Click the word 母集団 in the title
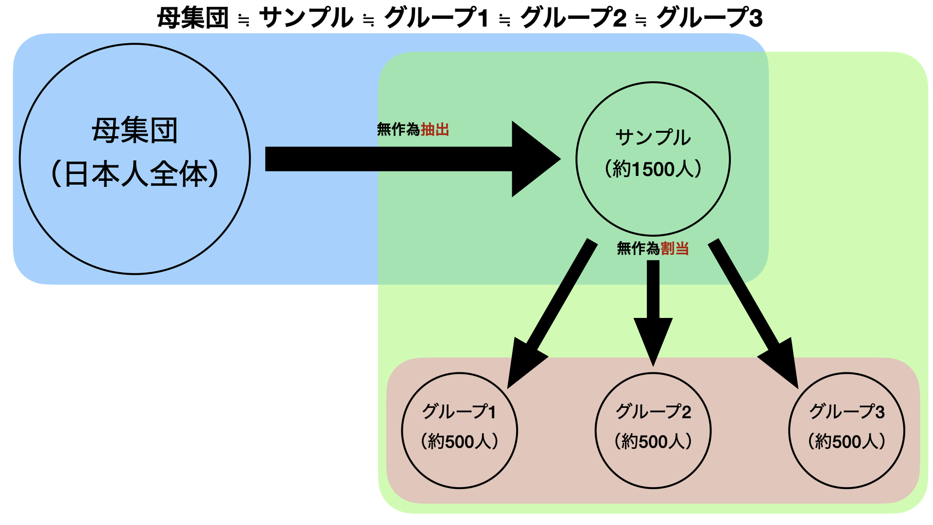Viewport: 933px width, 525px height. (x=193, y=18)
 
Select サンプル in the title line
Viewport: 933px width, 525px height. (x=306, y=18)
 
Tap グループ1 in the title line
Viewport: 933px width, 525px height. (x=436, y=18)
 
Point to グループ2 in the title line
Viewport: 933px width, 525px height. (x=573, y=18)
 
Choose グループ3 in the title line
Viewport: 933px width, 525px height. (x=709, y=18)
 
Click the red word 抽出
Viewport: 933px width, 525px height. (x=435, y=130)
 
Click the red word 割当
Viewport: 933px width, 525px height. (x=674, y=249)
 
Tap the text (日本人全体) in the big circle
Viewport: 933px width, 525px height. (x=135, y=175)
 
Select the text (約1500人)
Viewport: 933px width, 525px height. (x=653, y=169)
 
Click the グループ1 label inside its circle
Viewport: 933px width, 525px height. (x=459, y=412)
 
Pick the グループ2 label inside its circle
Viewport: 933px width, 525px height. (x=653, y=412)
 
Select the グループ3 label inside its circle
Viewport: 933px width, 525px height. (x=847, y=412)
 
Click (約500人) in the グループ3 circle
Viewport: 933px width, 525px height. (x=847, y=441)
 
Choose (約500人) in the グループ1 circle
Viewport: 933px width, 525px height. (x=459, y=441)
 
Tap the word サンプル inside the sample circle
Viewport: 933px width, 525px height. (x=653, y=138)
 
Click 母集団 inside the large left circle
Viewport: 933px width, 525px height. (x=135, y=130)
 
